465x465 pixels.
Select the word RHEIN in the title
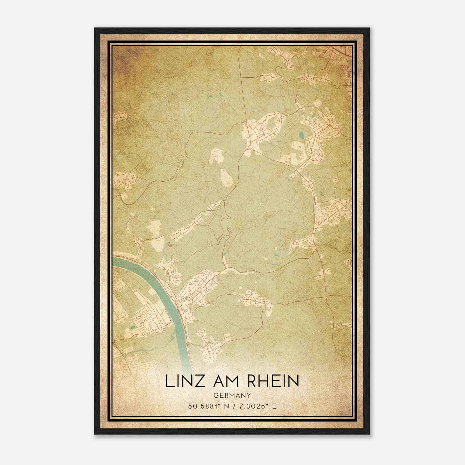click(x=273, y=381)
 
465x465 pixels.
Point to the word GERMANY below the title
click(x=232, y=396)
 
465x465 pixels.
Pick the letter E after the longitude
click(x=274, y=406)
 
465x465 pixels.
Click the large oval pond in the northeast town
click(x=302, y=135)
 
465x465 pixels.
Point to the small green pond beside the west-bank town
click(x=133, y=328)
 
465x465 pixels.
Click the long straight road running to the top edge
click(x=241, y=87)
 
